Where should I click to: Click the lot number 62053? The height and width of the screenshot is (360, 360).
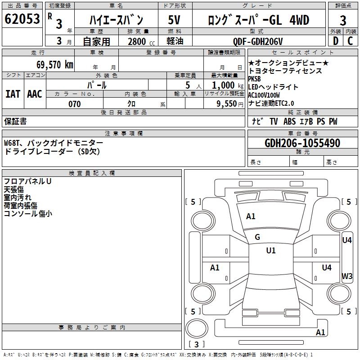click(x=22, y=19)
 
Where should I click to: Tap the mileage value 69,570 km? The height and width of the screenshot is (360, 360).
click(x=55, y=65)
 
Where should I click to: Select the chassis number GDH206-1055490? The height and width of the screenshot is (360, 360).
click(x=302, y=143)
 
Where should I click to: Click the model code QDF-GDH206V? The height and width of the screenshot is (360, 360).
click(x=258, y=41)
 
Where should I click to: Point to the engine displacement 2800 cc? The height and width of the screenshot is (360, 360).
click(x=141, y=41)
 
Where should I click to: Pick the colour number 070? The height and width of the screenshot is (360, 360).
click(x=75, y=104)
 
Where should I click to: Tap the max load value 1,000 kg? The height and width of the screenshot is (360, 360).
click(x=228, y=85)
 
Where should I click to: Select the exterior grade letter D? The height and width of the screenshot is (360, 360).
click(x=336, y=41)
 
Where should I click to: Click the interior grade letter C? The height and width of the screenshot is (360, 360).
click(x=350, y=41)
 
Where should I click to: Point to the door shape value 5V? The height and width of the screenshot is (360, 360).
click(x=174, y=20)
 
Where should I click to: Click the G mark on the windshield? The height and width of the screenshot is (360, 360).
click(x=257, y=237)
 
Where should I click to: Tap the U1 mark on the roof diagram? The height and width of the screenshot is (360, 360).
click(x=271, y=250)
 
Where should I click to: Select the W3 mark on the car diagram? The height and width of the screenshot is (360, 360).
click(x=347, y=276)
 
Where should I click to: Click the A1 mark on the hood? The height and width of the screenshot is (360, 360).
click(x=251, y=216)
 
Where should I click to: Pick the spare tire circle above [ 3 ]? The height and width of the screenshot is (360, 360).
click(x=197, y=328)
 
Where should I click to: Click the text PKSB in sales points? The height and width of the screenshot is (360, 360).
click(x=255, y=79)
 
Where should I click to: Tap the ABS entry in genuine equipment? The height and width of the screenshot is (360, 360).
click(x=289, y=121)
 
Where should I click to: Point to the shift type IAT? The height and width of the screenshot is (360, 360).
click(x=13, y=94)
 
